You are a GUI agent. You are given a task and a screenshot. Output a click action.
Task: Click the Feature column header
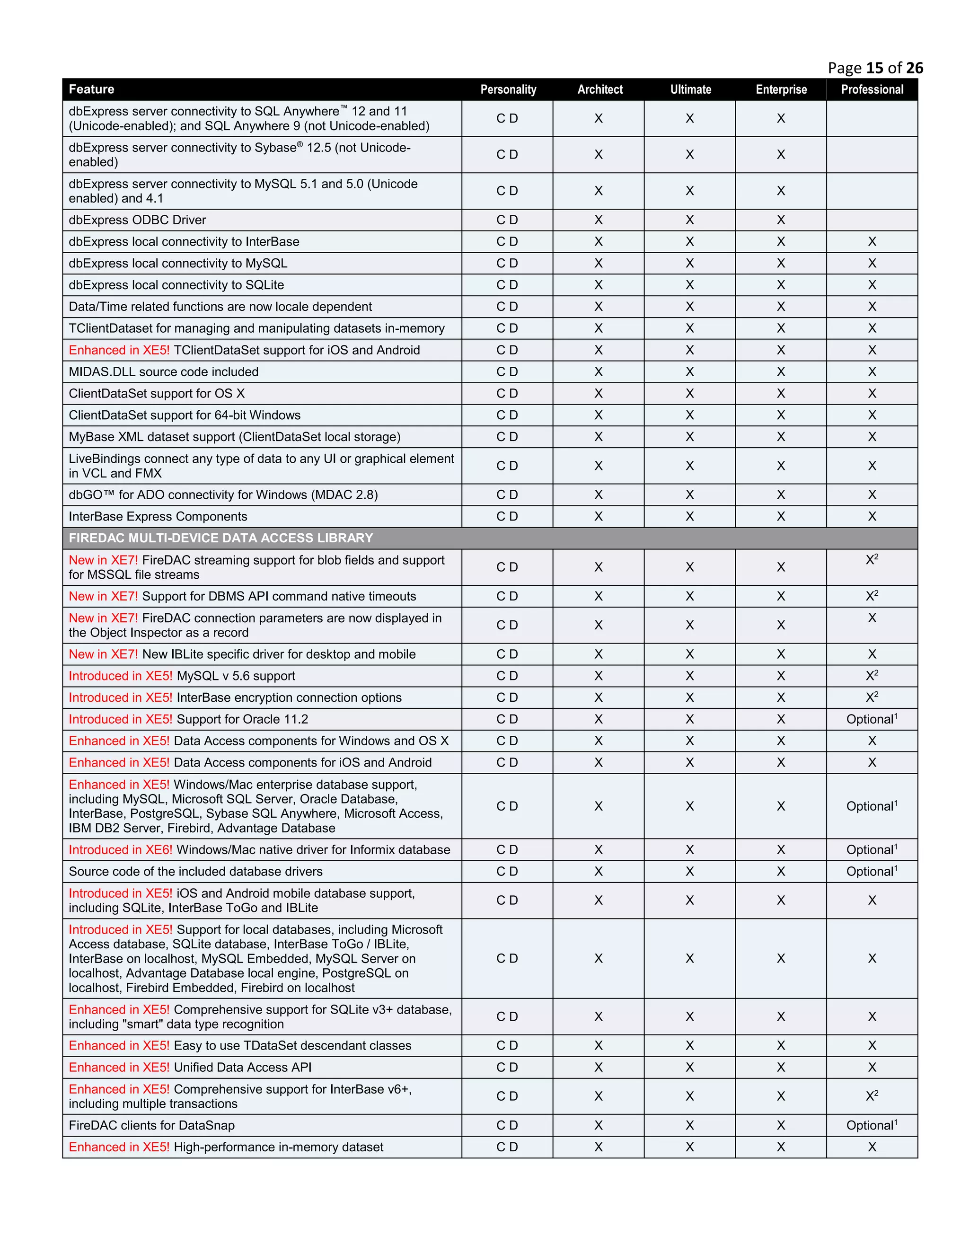pos(91,89)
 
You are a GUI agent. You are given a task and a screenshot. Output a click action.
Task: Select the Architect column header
pos(599,89)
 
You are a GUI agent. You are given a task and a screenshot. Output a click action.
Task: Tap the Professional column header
pos(872,89)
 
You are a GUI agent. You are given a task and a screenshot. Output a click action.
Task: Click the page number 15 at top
pos(875,68)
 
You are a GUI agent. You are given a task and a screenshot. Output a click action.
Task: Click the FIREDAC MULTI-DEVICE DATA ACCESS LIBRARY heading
pos(220,538)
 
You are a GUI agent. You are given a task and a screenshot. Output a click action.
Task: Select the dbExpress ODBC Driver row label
pos(137,220)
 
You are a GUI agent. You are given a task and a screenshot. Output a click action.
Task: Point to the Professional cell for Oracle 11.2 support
pos(872,719)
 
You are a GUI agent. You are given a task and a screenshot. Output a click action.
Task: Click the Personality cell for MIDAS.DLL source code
pos(507,371)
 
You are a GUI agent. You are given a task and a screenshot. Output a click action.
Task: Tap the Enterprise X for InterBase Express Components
pos(781,516)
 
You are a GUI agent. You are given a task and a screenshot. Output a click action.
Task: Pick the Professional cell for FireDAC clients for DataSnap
pos(872,1125)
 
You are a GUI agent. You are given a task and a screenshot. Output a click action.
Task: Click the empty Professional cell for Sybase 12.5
pos(872,154)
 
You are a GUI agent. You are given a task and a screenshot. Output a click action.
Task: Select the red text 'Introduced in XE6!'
pos(121,850)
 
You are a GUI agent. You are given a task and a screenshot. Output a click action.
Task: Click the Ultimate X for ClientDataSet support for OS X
pos(689,393)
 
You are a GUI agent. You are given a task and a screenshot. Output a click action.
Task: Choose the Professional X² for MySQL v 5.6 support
pos(872,676)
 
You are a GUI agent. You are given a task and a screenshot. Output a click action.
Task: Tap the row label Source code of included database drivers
pos(195,872)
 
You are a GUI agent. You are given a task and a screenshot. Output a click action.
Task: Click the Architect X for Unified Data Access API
pos(598,1068)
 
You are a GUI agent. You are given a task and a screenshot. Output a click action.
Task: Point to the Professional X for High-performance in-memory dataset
pos(872,1147)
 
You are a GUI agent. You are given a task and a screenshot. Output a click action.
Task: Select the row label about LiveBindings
pos(261,466)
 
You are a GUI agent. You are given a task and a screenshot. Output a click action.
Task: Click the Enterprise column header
pos(781,89)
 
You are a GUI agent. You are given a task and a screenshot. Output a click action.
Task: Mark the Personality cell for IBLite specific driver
pos(507,654)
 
